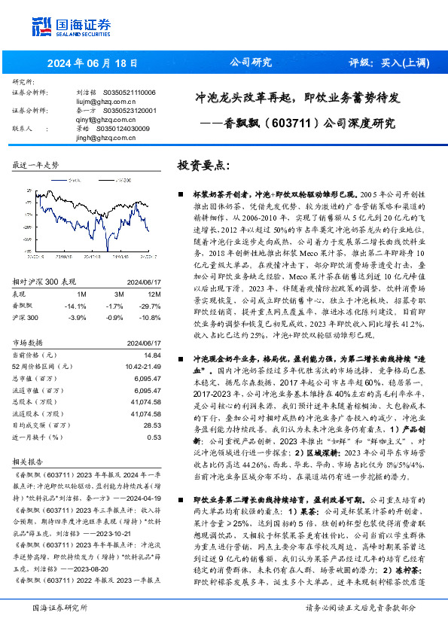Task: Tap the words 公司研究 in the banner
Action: click(250, 62)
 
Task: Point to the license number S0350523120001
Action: click(124, 111)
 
